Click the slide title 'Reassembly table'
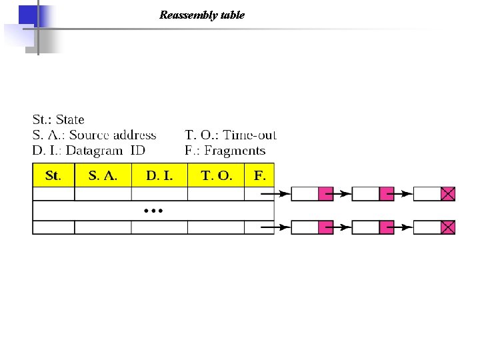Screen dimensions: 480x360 (x=202, y=15)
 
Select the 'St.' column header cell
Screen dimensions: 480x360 (x=53, y=176)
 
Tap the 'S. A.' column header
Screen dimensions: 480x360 (x=103, y=176)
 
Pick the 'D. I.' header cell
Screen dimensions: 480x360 (x=159, y=176)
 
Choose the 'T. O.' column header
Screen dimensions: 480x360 (x=216, y=176)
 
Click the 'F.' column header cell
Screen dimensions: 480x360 (x=259, y=176)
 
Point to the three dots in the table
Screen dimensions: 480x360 (x=153, y=211)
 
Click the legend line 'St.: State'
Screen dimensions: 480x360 (x=59, y=120)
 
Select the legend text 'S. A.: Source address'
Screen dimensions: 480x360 (x=95, y=135)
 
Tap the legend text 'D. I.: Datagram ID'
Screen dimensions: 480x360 (x=89, y=151)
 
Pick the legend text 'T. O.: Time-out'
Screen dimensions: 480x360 (x=230, y=135)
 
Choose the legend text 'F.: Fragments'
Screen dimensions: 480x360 (x=225, y=151)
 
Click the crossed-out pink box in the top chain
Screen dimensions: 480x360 (x=448, y=194)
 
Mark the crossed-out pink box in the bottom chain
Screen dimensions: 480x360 (x=448, y=227)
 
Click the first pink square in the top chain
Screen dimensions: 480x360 (x=325, y=194)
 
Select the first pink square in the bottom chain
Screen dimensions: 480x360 (x=325, y=227)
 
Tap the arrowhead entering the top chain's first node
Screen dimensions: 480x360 (x=285, y=194)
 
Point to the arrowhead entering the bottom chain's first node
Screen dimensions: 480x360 (x=285, y=227)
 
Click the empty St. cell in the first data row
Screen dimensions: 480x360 (x=53, y=194)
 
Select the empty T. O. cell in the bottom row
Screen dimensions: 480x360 (x=216, y=227)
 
